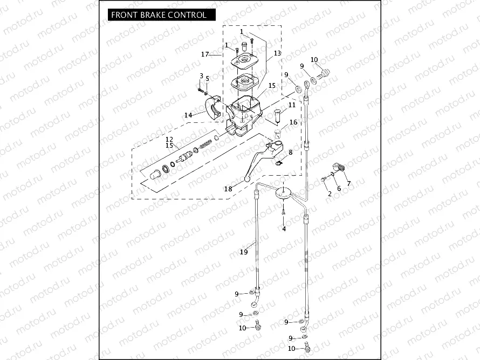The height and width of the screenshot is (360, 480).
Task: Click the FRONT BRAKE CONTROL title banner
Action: coord(159,15)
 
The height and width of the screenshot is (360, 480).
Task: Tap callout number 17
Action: coord(205,54)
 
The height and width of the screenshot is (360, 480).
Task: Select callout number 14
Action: coord(188,115)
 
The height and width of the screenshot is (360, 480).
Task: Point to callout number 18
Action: coord(228,189)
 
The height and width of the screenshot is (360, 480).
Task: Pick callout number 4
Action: coord(284,229)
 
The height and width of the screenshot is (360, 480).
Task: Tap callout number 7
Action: coord(348,183)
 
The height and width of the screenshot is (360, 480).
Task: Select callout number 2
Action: coord(330,193)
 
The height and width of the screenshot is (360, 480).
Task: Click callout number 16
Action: coord(293,123)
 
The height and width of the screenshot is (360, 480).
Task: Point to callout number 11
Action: coord(292,105)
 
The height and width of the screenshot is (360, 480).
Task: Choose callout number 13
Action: coord(277,54)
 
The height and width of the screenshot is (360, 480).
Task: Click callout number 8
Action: coord(290,153)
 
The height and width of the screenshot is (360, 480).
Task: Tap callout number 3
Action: coord(201,76)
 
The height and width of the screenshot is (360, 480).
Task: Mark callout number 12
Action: coord(169,139)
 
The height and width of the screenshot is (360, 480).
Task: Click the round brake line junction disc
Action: coord(283,193)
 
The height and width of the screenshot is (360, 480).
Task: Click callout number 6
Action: coord(339,189)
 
